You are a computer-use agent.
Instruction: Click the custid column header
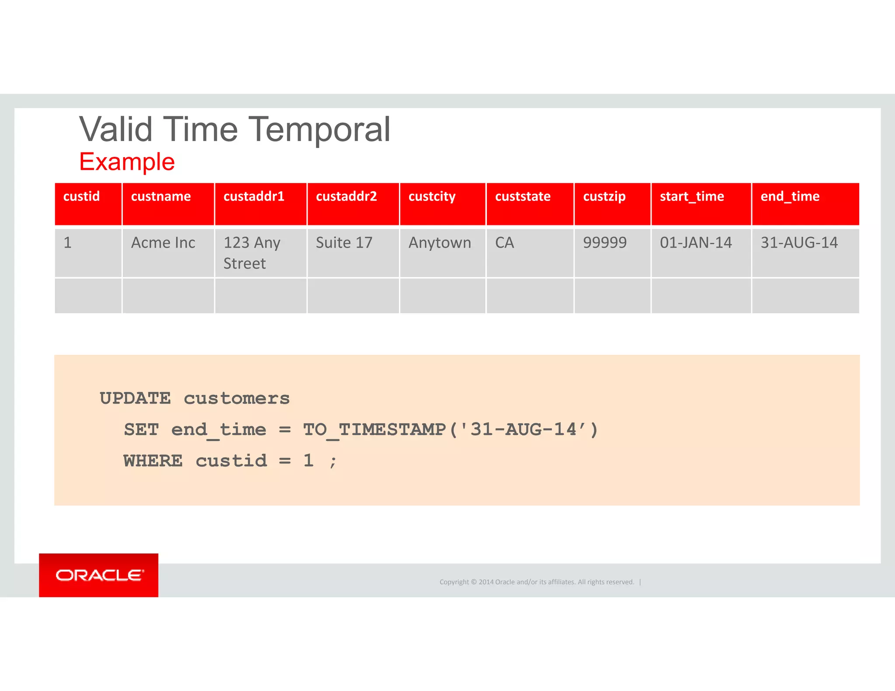point(82,197)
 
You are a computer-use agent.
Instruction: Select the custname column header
point(161,197)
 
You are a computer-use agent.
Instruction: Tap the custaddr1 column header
point(254,197)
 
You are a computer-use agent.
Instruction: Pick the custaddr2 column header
point(346,197)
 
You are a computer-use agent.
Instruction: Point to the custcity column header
point(432,197)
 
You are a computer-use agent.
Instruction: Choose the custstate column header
point(523,197)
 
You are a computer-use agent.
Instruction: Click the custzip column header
point(604,197)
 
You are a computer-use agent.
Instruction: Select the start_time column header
point(692,197)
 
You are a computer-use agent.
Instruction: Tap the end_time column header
point(790,197)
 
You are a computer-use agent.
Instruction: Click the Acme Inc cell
point(163,243)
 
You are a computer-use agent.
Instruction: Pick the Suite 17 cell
point(344,243)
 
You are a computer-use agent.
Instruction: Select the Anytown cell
point(440,243)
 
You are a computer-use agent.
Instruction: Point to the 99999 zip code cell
point(605,243)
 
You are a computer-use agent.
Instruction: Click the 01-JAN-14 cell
point(696,243)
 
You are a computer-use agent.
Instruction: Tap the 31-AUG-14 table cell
point(799,243)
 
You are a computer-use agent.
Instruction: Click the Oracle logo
point(99,575)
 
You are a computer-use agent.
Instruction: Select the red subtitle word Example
point(127,162)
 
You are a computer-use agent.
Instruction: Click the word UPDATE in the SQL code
point(135,398)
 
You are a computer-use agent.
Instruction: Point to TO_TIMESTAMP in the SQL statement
point(374,430)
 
